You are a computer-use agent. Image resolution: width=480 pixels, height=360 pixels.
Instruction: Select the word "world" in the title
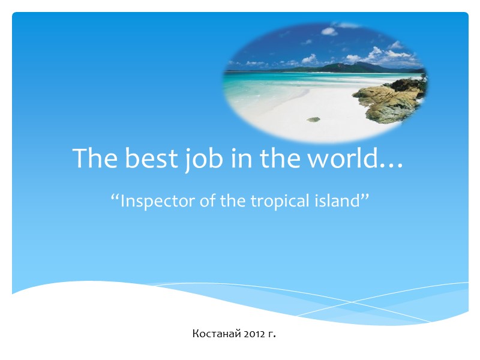346,158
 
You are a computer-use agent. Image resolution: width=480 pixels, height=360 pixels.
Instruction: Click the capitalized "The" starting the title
95,158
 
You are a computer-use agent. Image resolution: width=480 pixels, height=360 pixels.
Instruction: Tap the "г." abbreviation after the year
272,333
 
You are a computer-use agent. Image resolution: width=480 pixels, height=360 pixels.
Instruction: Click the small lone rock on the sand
313,119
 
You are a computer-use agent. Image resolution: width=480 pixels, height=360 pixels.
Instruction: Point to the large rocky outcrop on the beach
389,99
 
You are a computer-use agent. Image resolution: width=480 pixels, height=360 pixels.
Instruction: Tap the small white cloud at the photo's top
329,31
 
